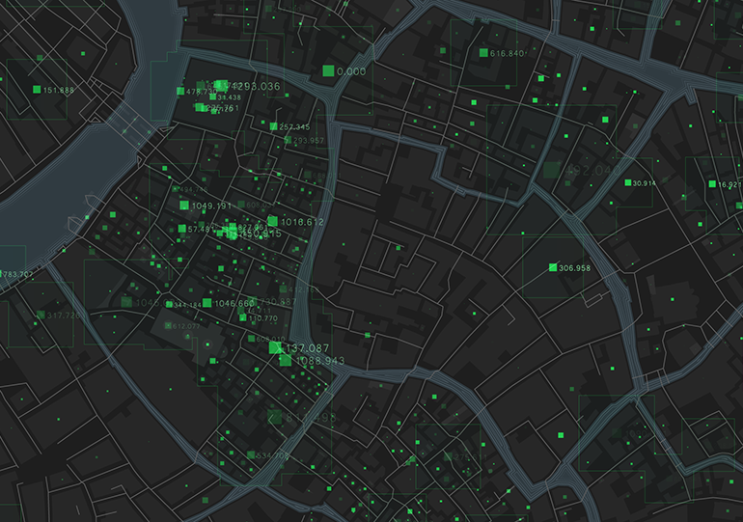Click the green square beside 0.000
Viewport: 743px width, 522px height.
click(x=328, y=70)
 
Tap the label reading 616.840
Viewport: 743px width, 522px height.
click(x=508, y=53)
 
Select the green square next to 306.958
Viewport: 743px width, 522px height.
click(x=553, y=267)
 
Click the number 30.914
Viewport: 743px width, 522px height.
click(x=644, y=183)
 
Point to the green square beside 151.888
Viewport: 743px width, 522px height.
click(x=37, y=90)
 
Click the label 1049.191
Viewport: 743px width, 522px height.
click(x=212, y=206)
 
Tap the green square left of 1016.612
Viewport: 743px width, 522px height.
click(x=272, y=222)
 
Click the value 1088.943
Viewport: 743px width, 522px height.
click(x=320, y=361)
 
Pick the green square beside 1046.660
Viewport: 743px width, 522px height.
click(x=206, y=303)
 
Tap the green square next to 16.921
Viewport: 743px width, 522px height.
click(x=712, y=183)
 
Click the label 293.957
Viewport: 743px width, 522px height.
click(x=308, y=141)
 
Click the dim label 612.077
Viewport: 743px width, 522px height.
click(x=185, y=326)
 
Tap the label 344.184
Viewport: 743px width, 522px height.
click(x=185, y=305)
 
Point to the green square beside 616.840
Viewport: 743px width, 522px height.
click(x=483, y=53)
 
